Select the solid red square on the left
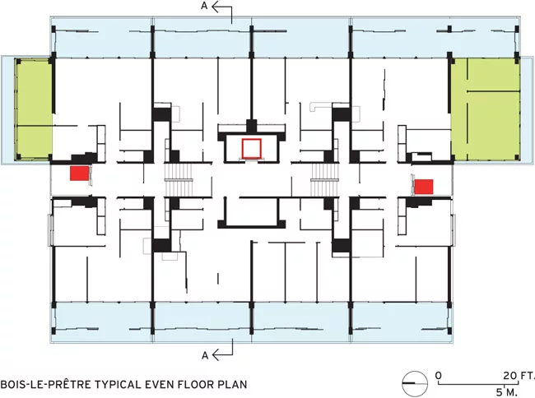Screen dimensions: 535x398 point(79,174)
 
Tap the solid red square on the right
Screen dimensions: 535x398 point(424,187)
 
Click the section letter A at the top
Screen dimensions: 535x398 point(204,6)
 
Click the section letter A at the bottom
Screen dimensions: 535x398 point(205,355)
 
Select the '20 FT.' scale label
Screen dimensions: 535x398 point(519,376)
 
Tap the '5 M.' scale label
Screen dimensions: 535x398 point(506,392)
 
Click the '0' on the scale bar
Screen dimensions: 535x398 point(439,376)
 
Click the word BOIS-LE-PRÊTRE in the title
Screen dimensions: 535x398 point(46,384)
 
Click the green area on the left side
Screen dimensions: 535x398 point(34,109)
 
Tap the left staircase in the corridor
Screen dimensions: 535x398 point(179,179)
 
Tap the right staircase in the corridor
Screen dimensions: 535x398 point(324,179)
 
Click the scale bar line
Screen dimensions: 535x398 point(485,384)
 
